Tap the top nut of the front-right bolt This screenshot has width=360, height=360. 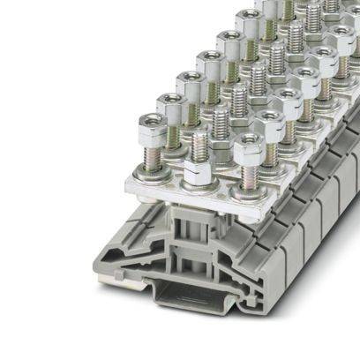(x=251, y=151)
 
